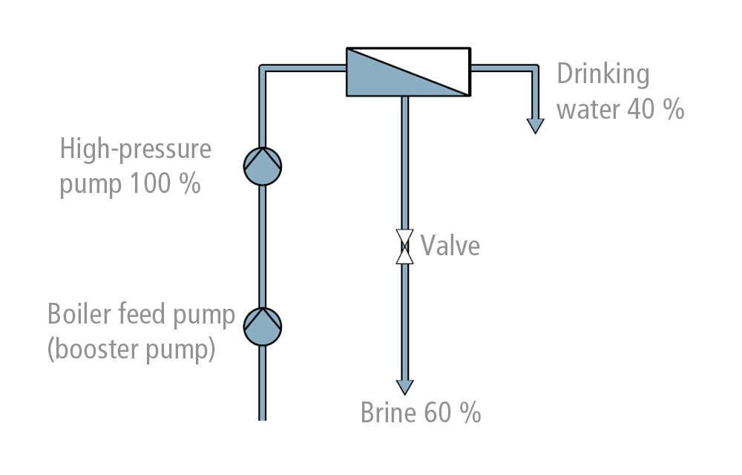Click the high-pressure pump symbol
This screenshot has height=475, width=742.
point(263,166)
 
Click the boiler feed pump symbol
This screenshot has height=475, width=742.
point(263,327)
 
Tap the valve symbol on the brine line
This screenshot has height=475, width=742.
point(404,246)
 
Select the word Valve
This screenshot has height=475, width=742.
point(450,246)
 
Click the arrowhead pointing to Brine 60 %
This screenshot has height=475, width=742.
point(404,387)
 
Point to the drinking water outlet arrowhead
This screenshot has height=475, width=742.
point(535,125)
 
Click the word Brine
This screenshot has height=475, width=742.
point(388,413)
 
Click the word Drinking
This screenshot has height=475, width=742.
point(603,74)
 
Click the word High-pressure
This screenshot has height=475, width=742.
point(135,149)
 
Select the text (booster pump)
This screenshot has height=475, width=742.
point(131,348)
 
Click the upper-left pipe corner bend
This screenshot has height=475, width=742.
point(263,69)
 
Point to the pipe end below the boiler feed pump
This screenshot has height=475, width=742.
point(262,416)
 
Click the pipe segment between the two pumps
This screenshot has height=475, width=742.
point(262,245)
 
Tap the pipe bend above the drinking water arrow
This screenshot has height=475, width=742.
point(534,69)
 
